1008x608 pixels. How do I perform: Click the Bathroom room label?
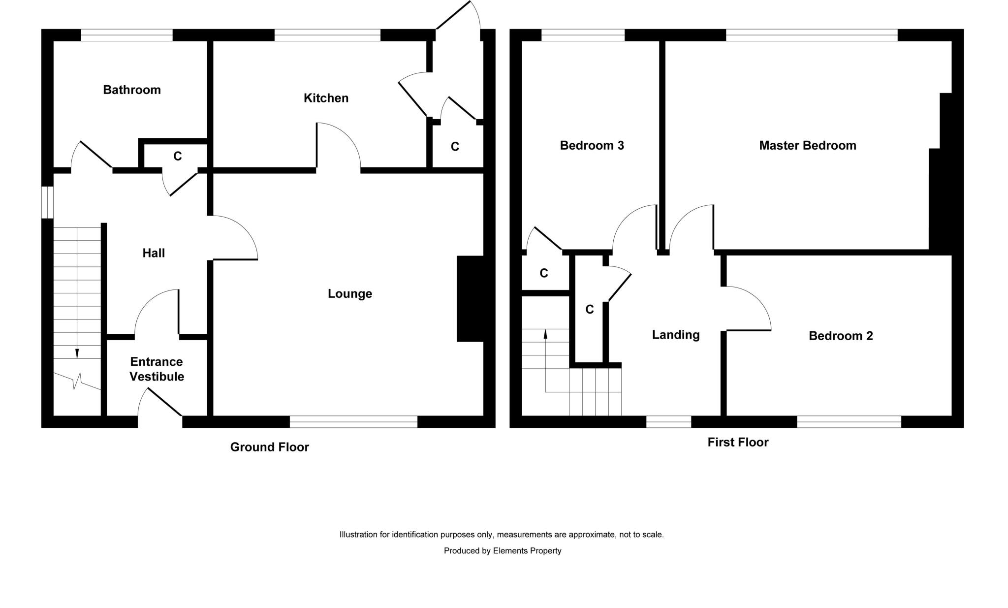pos(131,90)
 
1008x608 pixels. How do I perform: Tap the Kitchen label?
pos(326,98)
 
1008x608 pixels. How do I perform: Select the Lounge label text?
pos(349,294)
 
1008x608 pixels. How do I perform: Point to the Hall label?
pos(154,253)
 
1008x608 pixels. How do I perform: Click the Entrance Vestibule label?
pos(157,369)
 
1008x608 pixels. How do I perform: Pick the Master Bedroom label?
pos(807,145)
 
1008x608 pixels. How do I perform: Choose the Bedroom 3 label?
pos(592,145)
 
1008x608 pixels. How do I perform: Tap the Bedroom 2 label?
pos(841,336)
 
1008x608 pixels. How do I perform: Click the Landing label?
pos(675,335)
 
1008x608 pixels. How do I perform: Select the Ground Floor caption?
pos(269,447)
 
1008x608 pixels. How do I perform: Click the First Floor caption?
pos(738,442)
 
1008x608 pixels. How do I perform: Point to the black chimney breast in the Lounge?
pos(470,298)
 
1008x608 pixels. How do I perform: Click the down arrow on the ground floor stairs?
pos(77,353)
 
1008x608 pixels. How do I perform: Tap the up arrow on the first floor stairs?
pos(545,334)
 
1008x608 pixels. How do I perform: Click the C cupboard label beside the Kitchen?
pos(455,147)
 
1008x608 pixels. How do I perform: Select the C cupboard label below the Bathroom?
pos(178,156)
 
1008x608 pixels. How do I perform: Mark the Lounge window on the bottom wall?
pos(353,421)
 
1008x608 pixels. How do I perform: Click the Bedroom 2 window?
pos(849,421)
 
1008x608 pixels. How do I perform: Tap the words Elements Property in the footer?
pos(527,551)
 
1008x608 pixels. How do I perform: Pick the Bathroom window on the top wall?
pos(126,35)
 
